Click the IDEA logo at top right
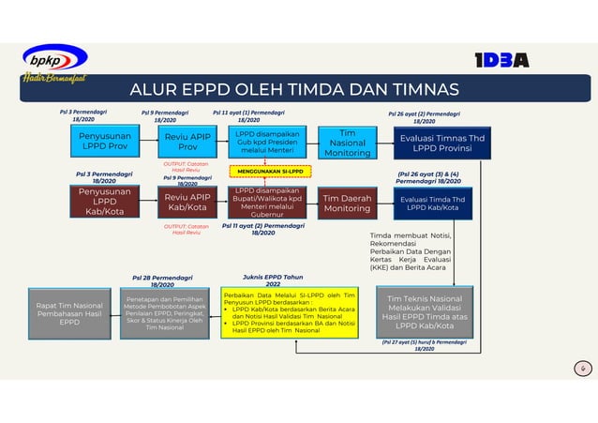pos(501,60)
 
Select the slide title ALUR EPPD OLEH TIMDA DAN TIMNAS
pos(293,90)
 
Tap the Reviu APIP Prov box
pos(187,143)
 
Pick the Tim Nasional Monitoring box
pos(347,143)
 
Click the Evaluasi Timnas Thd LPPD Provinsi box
pos(436,143)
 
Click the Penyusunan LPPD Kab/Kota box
pos(104,203)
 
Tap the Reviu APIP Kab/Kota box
pos(187,203)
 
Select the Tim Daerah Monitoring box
pos(347,203)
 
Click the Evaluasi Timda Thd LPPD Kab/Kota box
pos(436,203)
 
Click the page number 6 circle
pos(581,370)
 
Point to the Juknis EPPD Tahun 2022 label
pos(272,279)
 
